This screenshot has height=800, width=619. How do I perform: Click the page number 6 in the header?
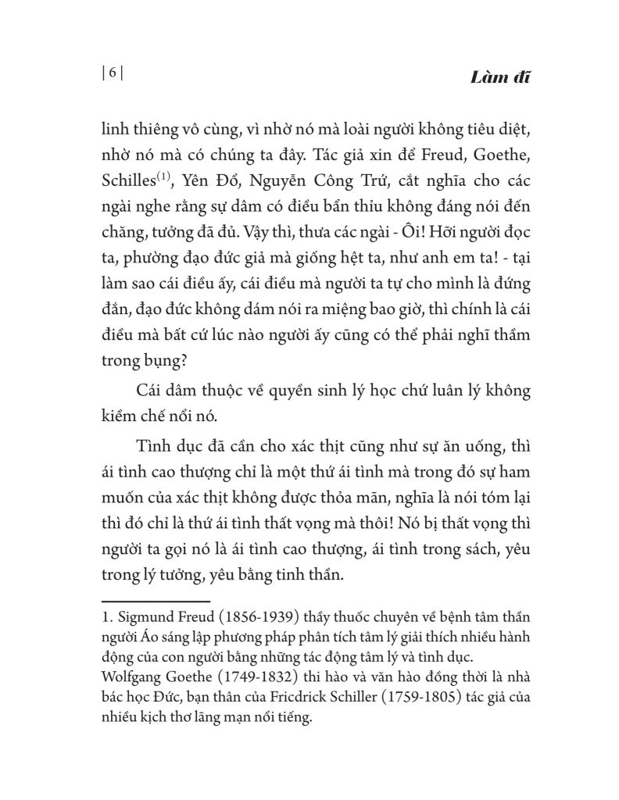coord(113,73)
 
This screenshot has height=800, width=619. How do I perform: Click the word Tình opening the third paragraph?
coord(153,445)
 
